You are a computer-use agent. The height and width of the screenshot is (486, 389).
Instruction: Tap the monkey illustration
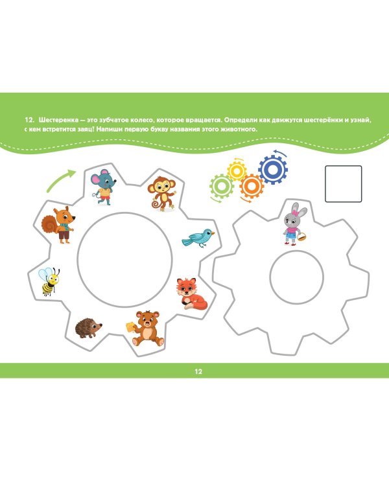coord(161,194)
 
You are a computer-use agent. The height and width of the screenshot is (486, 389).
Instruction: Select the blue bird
coord(198,238)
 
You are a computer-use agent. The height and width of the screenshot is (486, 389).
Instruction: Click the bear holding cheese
coord(146,329)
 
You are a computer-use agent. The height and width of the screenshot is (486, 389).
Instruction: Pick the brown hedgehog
coord(88,328)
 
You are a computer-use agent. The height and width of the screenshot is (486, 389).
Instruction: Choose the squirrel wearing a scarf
coord(58,225)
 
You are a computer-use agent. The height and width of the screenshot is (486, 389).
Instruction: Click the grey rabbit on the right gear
coord(295,224)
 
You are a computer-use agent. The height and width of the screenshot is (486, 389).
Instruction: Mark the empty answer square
coord(344,184)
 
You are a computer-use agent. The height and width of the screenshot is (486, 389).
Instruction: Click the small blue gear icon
coord(273,169)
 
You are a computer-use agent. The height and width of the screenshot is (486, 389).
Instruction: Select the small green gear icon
coord(222,186)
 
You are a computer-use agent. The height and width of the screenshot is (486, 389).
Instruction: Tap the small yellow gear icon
coord(237,171)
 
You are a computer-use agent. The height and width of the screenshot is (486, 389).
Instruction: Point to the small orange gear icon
coord(252,186)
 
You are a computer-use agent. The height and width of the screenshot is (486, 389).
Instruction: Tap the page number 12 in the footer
coord(198,371)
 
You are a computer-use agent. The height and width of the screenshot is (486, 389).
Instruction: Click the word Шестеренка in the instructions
coord(58,120)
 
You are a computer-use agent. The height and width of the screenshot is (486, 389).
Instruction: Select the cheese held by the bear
coord(130,327)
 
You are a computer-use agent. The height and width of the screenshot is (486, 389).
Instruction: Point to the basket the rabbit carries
coord(302,237)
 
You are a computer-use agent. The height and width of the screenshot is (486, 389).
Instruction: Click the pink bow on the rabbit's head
coord(294,213)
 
